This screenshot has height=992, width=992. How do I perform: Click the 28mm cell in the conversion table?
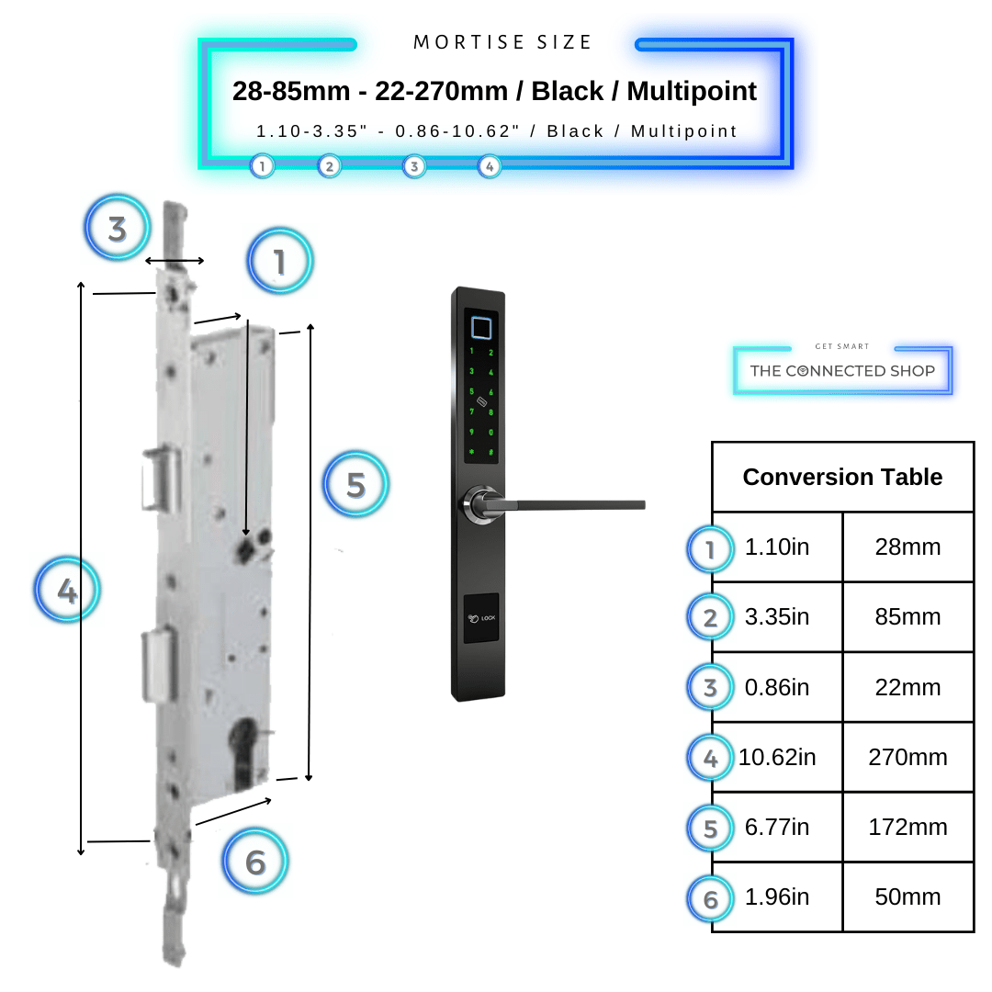[907, 547]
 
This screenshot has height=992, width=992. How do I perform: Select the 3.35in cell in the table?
[777, 617]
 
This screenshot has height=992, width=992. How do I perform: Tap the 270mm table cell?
[907, 758]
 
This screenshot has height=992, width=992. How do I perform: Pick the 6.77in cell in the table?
[777, 828]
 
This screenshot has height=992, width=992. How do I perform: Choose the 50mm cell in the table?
[907, 897]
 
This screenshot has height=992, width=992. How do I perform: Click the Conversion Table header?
[842, 477]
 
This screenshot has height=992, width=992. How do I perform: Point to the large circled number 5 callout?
[356, 484]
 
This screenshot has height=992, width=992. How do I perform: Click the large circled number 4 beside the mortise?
[67, 591]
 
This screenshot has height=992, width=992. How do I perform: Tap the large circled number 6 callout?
[255, 862]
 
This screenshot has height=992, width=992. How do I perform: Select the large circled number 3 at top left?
[118, 228]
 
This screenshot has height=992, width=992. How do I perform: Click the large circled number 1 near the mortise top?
[280, 263]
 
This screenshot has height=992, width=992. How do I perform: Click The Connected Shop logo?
[842, 370]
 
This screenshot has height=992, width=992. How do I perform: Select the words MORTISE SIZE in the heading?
[503, 42]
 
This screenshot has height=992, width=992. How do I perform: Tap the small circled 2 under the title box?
[329, 166]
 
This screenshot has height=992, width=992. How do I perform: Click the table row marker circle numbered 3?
[710, 688]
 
